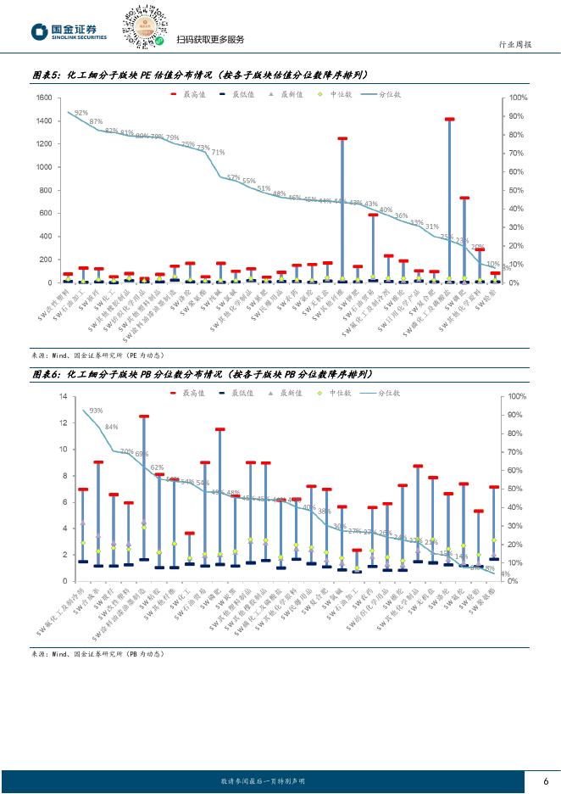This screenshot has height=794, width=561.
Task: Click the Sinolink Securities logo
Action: (70, 32)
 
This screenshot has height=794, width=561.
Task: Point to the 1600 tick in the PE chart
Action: (42, 98)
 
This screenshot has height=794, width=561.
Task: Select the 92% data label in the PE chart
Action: (81, 112)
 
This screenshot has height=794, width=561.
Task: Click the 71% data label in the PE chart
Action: (218, 153)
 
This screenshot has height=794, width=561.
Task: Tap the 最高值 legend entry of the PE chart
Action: (194, 95)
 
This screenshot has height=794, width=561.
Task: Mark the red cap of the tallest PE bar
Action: (450, 120)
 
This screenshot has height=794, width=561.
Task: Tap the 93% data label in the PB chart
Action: (96, 411)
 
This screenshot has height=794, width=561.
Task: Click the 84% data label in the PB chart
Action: (112, 427)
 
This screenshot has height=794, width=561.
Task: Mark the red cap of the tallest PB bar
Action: (144, 417)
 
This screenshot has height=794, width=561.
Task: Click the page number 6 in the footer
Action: (546, 781)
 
